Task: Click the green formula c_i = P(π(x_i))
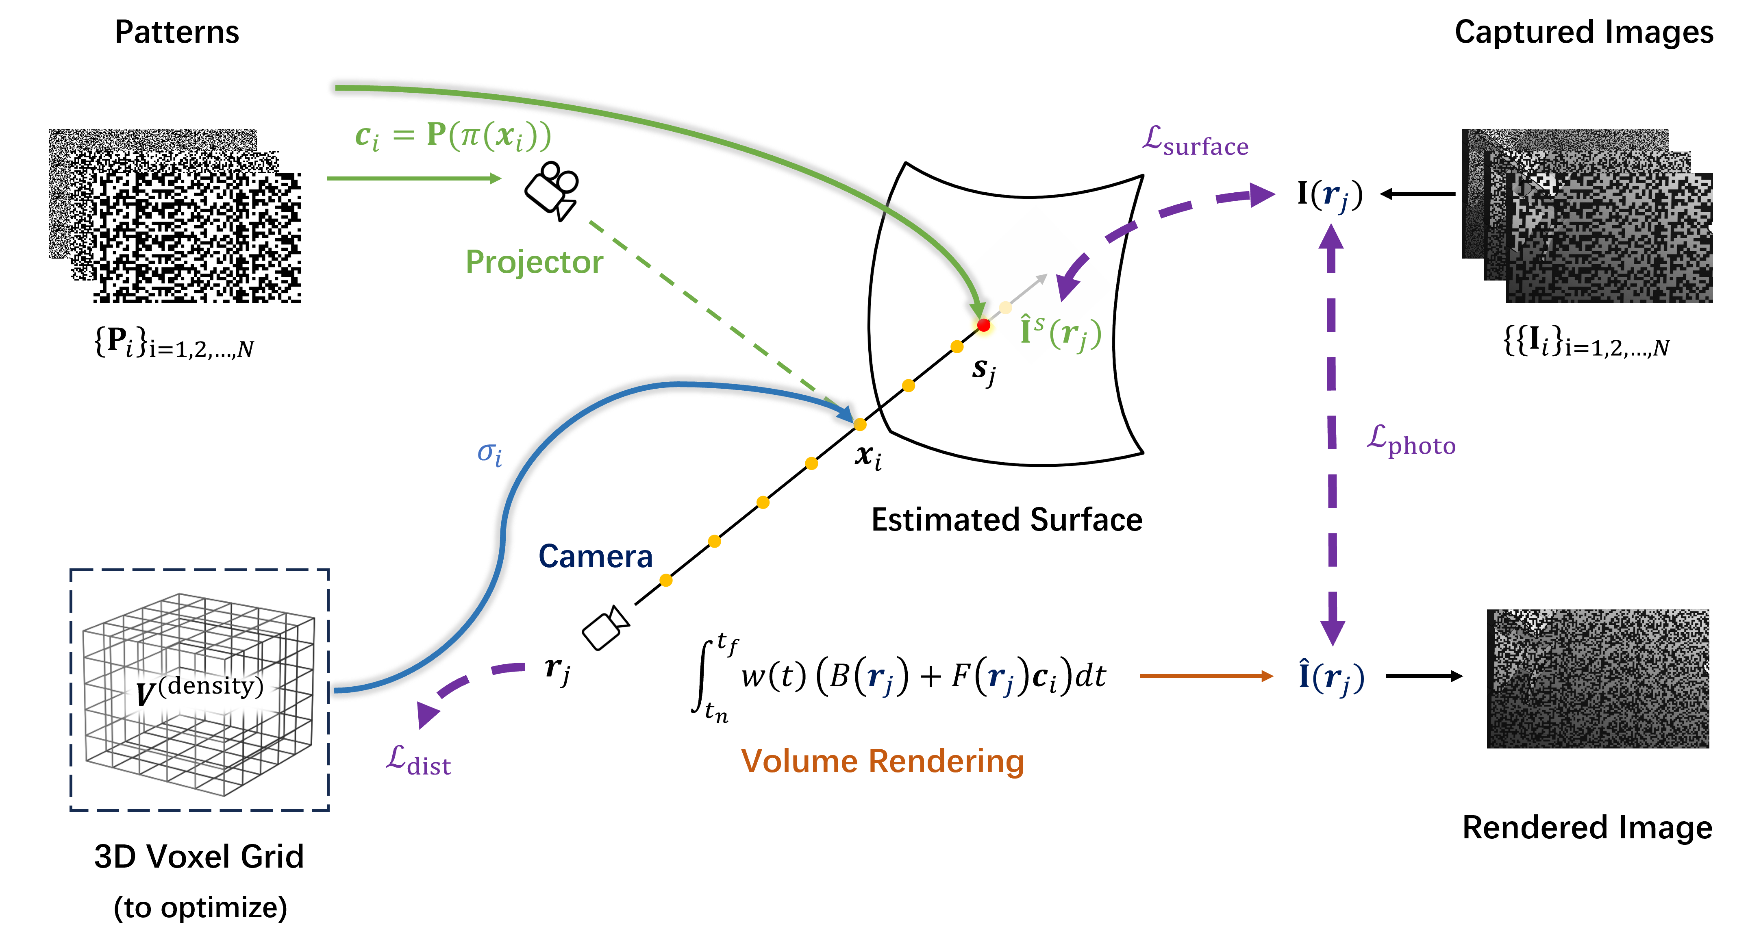[x=452, y=136]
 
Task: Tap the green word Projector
[x=534, y=262]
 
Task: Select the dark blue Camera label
[x=596, y=557]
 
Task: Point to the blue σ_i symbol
[x=489, y=453]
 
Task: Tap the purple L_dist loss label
[x=418, y=761]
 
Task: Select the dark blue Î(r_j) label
[x=1331, y=677]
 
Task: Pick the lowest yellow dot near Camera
[x=666, y=581]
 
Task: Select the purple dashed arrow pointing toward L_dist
[x=465, y=687]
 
